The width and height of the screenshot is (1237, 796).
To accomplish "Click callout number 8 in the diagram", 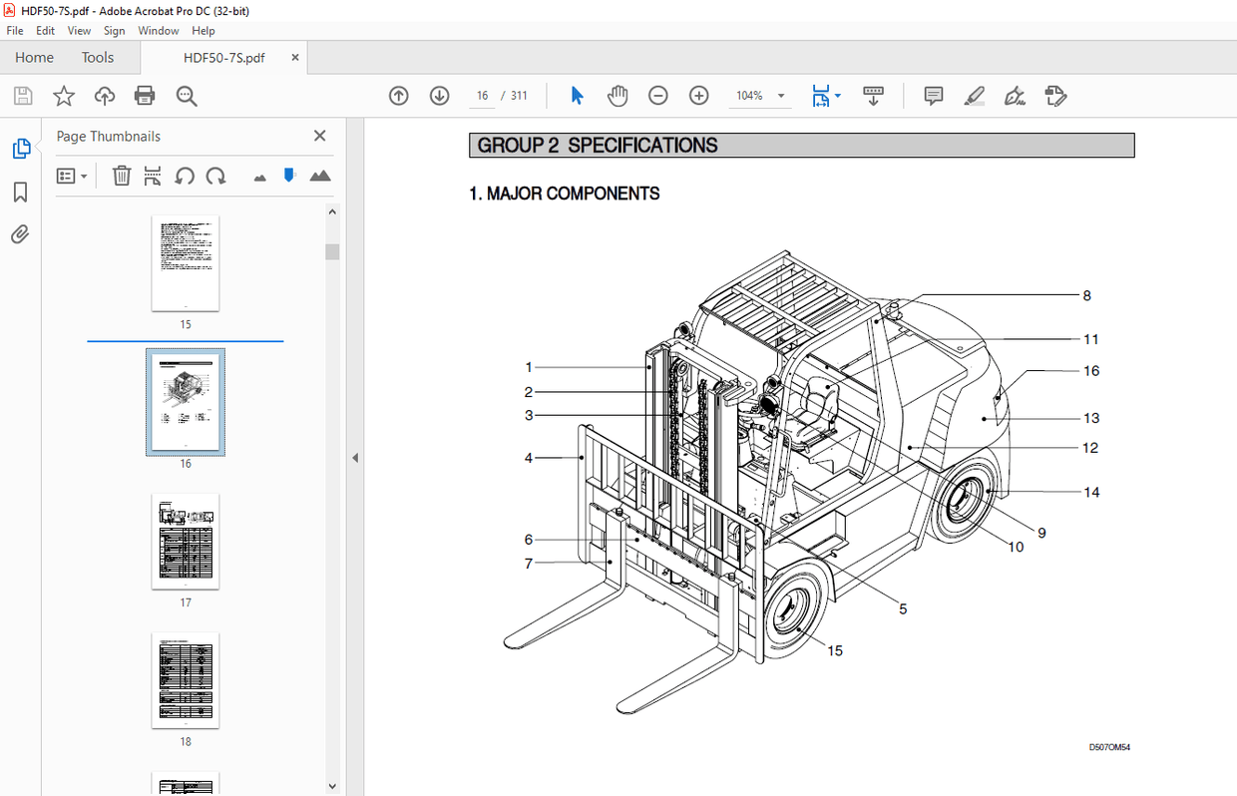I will point(1086,295).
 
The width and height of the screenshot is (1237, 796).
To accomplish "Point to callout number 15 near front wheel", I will point(835,650).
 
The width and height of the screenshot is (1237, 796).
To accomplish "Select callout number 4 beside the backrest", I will point(529,458).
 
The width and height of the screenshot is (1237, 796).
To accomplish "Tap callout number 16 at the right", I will point(1091,370).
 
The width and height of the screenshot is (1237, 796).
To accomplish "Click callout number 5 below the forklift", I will point(903,608).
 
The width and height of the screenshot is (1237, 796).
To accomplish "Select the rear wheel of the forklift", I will point(965,504).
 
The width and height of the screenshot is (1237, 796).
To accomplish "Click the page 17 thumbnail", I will point(186,542).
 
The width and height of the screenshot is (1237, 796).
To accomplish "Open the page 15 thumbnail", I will point(186,263).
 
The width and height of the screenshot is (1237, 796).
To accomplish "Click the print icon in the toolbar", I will point(145,96).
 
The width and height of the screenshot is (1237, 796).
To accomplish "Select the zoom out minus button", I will point(658,96).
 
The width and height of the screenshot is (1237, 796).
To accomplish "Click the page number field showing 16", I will point(483,96).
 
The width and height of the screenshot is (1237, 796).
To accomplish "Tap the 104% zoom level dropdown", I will point(760,96).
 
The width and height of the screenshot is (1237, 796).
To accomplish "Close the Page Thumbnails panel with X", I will point(319,136).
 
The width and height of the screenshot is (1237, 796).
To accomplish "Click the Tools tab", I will point(98,57).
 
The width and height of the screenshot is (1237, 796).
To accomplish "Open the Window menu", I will point(158,31).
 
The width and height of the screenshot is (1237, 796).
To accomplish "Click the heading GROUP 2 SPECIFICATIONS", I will point(598,146).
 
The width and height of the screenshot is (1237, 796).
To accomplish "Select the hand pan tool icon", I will point(618,96).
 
